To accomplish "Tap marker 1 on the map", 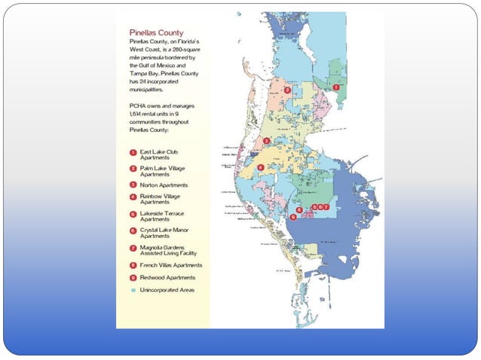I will pyautogui.click(x=335, y=87).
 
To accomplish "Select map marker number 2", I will pyautogui.click(x=287, y=90).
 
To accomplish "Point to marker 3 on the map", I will pyautogui.click(x=266, y=141).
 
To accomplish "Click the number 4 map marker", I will pyautogui.click(x=260, y=167).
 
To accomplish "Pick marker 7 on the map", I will pyautogui.click(x=326, y=206).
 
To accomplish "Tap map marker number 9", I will pyautogui.click(x=293, y=217).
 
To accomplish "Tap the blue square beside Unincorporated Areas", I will pyautogui.click(x=133, y=290).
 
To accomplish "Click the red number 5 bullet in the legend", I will pyautogui.click(x=133, y=214).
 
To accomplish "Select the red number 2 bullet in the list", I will pyautogui.click(x=133, y=168).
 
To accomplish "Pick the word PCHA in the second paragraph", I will pyautogui.click(x=138, y=106).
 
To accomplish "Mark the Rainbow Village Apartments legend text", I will pyautogui.click(x=162, y=199).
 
